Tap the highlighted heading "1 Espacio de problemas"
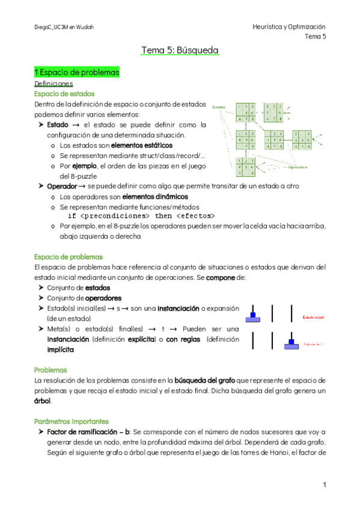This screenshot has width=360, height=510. pyautogui.click(x=77, y=73)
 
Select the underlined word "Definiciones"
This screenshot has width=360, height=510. pyautogui.click(x=53, y=84)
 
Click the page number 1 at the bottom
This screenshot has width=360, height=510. pyautogui.click(x=324, y=484)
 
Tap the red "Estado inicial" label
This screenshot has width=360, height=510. pyautogui.click(x=313, y=317)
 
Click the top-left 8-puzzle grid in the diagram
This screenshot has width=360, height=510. pyautogui.click(x=246, y=113)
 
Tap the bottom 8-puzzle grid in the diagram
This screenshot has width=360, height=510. pyautogui.click(x=246, y=168)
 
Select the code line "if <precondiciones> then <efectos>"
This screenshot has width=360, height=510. pyautogui.click(x=142, y=215)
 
